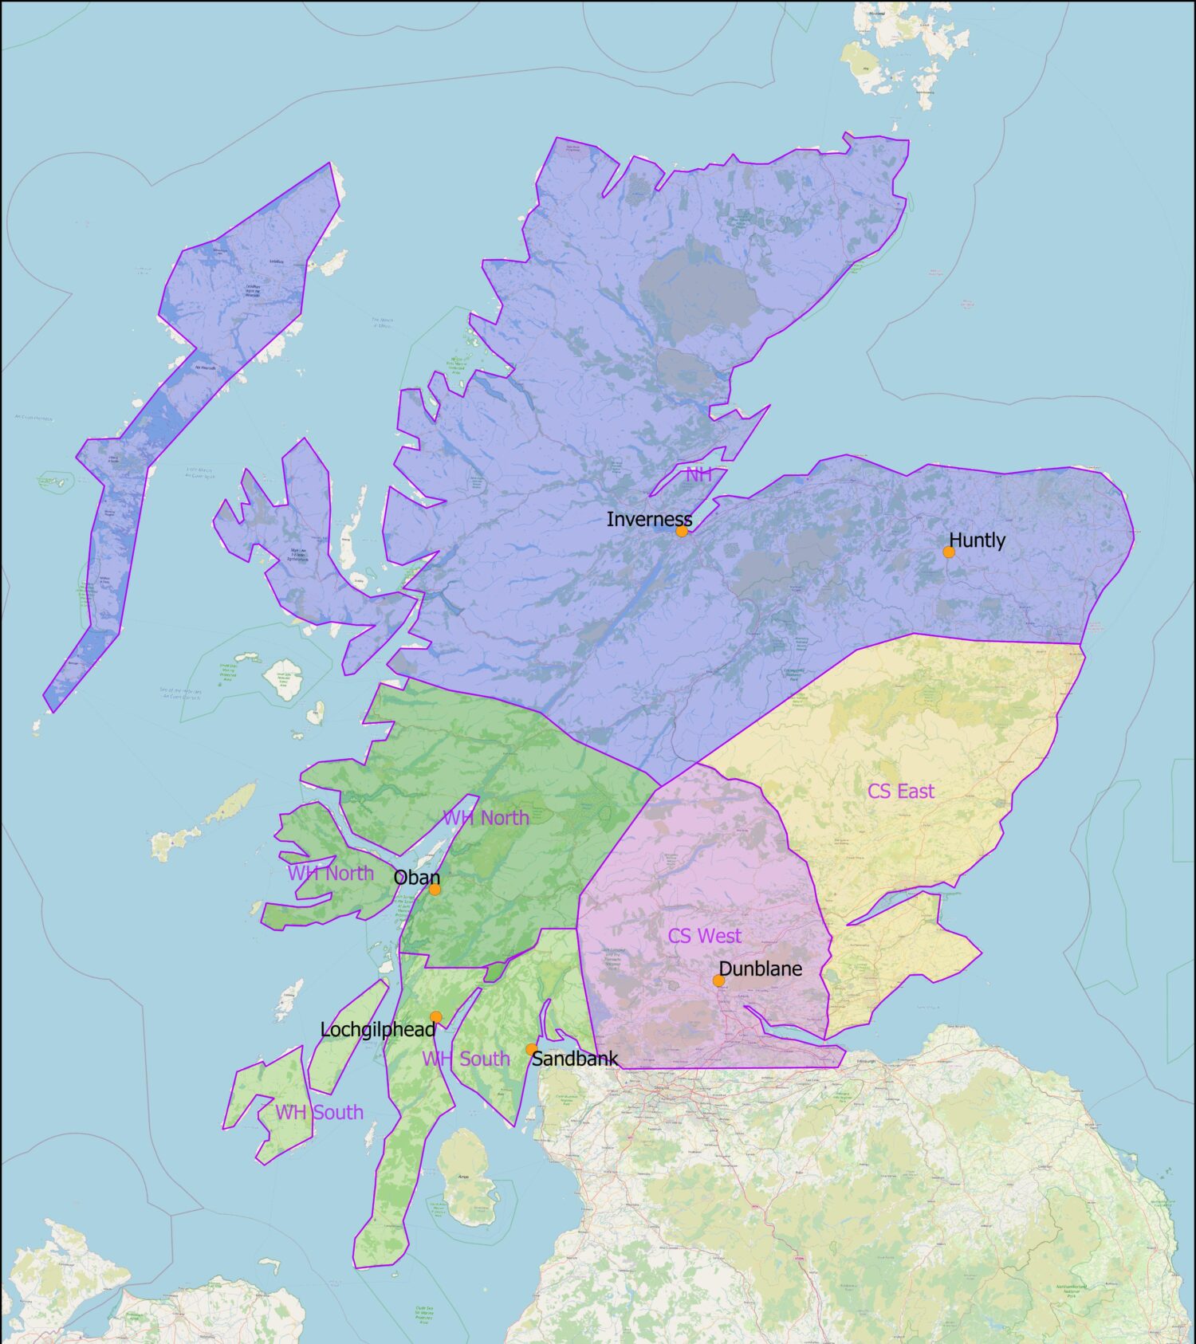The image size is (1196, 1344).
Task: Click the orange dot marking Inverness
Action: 682,531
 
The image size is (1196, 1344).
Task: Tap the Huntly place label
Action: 977,540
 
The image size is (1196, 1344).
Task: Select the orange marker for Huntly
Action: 949,552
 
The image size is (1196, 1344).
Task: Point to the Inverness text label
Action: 649,520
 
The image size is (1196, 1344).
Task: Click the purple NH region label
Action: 698,474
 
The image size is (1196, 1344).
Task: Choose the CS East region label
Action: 901,792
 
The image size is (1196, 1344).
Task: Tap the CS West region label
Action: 704,936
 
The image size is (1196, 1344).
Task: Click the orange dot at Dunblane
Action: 718,980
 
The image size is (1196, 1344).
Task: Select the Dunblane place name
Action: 761,969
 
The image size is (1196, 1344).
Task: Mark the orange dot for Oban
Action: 435,889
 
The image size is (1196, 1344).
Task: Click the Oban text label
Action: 416,878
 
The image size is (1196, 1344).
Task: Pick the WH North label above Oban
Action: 486,818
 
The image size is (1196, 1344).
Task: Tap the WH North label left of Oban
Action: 330,874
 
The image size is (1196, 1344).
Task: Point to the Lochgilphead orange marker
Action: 436,1017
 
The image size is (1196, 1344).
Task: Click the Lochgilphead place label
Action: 377,1030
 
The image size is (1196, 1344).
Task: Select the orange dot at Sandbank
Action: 531,1049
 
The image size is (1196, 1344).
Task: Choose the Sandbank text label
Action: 574,1059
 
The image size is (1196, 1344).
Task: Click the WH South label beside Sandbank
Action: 466,1059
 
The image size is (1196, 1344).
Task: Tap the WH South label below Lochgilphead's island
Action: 319,1113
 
